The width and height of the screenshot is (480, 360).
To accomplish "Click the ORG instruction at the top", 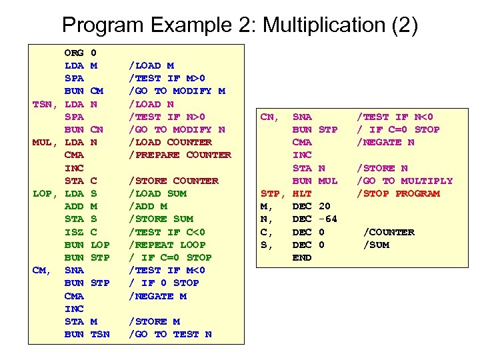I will [74, 52].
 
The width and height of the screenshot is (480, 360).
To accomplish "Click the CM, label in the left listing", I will [43, 270].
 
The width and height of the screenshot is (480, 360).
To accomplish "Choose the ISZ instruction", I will [74, 232].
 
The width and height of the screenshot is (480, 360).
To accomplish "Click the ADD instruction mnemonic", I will [74, 206].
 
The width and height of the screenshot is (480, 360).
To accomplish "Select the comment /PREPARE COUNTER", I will [180, 155].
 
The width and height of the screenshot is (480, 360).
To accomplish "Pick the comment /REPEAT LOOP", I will [167, 245].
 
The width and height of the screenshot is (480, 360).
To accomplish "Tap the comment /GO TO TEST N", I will [170, 334].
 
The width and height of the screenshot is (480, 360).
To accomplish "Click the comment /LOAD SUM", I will [158, 193].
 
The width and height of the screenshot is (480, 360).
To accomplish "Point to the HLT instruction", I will [302, 193].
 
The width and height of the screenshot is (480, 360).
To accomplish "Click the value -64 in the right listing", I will [329, 219].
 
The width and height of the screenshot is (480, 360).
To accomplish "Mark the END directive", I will [302, 257].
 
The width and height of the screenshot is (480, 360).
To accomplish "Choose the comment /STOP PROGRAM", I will [399, 193].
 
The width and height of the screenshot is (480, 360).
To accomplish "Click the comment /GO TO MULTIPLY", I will [405, 181].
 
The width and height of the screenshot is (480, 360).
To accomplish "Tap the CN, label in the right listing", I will [269, 117].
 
